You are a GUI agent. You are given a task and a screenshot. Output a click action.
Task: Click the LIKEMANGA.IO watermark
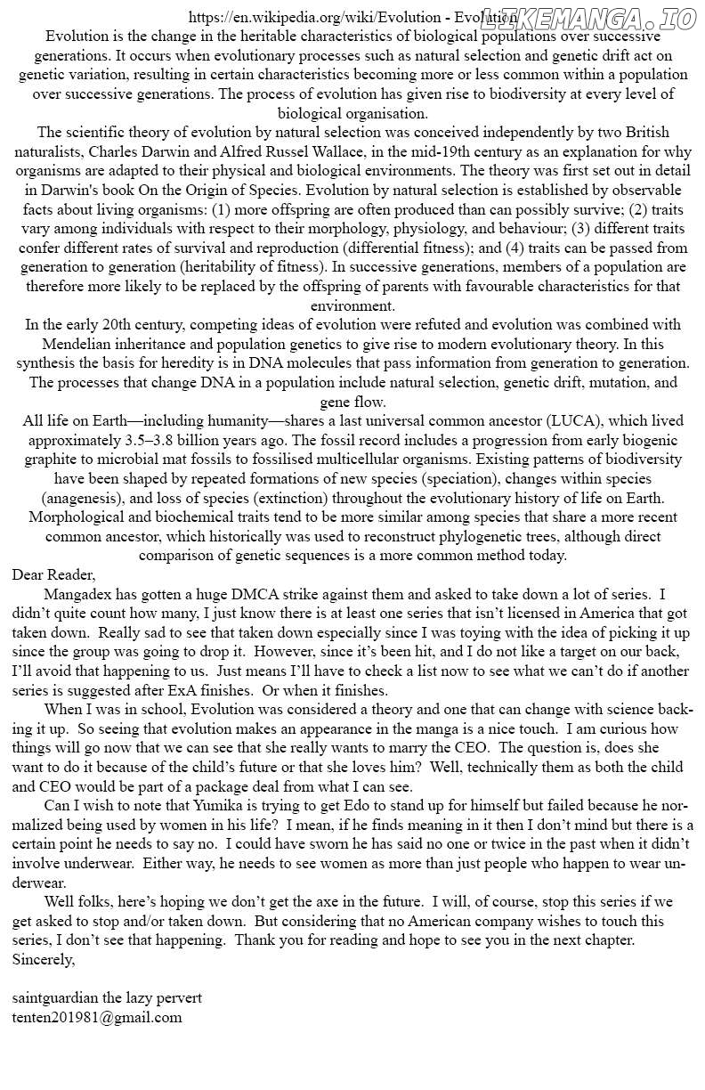[x=588, y=19]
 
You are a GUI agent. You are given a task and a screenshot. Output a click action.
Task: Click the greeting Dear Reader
[x=53, y=574]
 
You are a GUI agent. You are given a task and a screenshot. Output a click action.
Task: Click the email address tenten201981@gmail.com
[x=97, y=1017]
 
